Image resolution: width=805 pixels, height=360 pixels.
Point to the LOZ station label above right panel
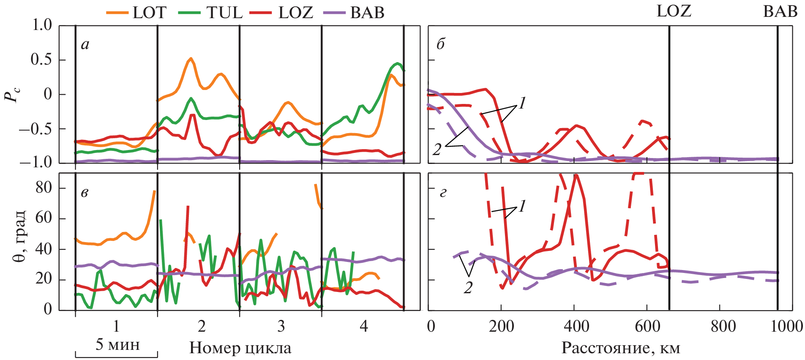[674, 11]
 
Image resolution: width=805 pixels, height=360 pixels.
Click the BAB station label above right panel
[780, 11]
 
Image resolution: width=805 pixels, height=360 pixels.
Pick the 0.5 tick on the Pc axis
[41, 60]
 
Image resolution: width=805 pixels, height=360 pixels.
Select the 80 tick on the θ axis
[44, 188]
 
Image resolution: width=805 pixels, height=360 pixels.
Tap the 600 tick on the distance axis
[647, 326]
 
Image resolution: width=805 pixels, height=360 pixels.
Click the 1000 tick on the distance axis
[786, 326]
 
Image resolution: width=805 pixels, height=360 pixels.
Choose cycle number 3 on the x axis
[281, 326]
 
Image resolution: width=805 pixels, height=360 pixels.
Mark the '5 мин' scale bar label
[117, 345]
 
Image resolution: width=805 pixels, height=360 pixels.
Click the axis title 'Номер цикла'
[240, 348]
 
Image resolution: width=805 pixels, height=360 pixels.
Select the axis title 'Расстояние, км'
[620, 348]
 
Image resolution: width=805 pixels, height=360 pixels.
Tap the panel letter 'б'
[441, 44]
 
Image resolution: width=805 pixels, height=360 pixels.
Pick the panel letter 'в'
[85, 193]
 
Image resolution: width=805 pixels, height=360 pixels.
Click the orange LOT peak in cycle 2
[191, 59]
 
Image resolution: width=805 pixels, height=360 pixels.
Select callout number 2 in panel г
[468, 288]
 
